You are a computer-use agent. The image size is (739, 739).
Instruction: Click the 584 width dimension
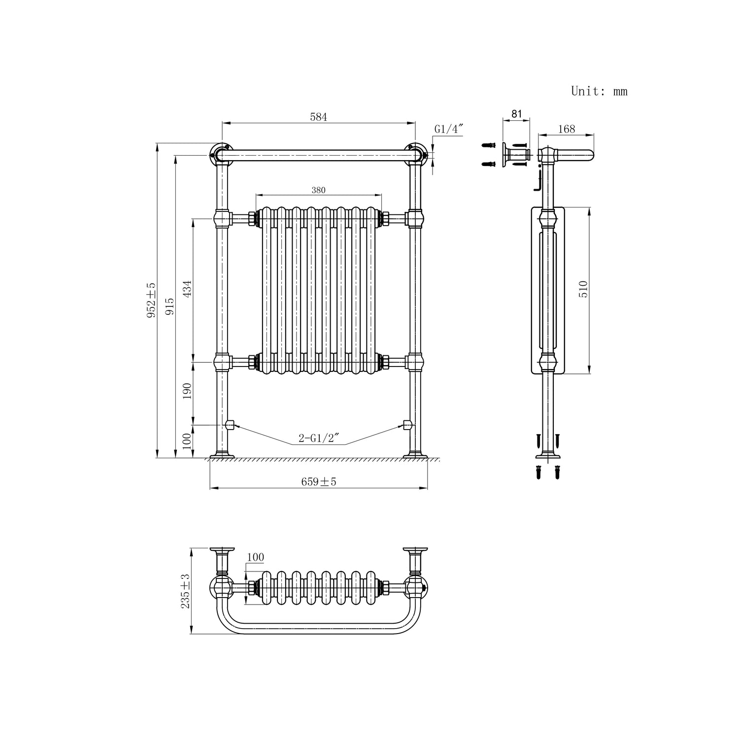[x=318, y=117]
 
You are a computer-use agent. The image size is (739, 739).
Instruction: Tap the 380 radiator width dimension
[x=318, y=190]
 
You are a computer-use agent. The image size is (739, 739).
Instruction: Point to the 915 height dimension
[x=169, y=306]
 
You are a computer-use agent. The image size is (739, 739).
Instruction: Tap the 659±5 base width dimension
[x=319, y=482]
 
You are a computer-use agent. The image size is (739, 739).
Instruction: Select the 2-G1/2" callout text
[x=317, y=438]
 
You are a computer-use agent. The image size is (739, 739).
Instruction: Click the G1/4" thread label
[x=449, y=129]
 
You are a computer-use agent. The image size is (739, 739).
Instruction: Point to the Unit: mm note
[x=599, y=91]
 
